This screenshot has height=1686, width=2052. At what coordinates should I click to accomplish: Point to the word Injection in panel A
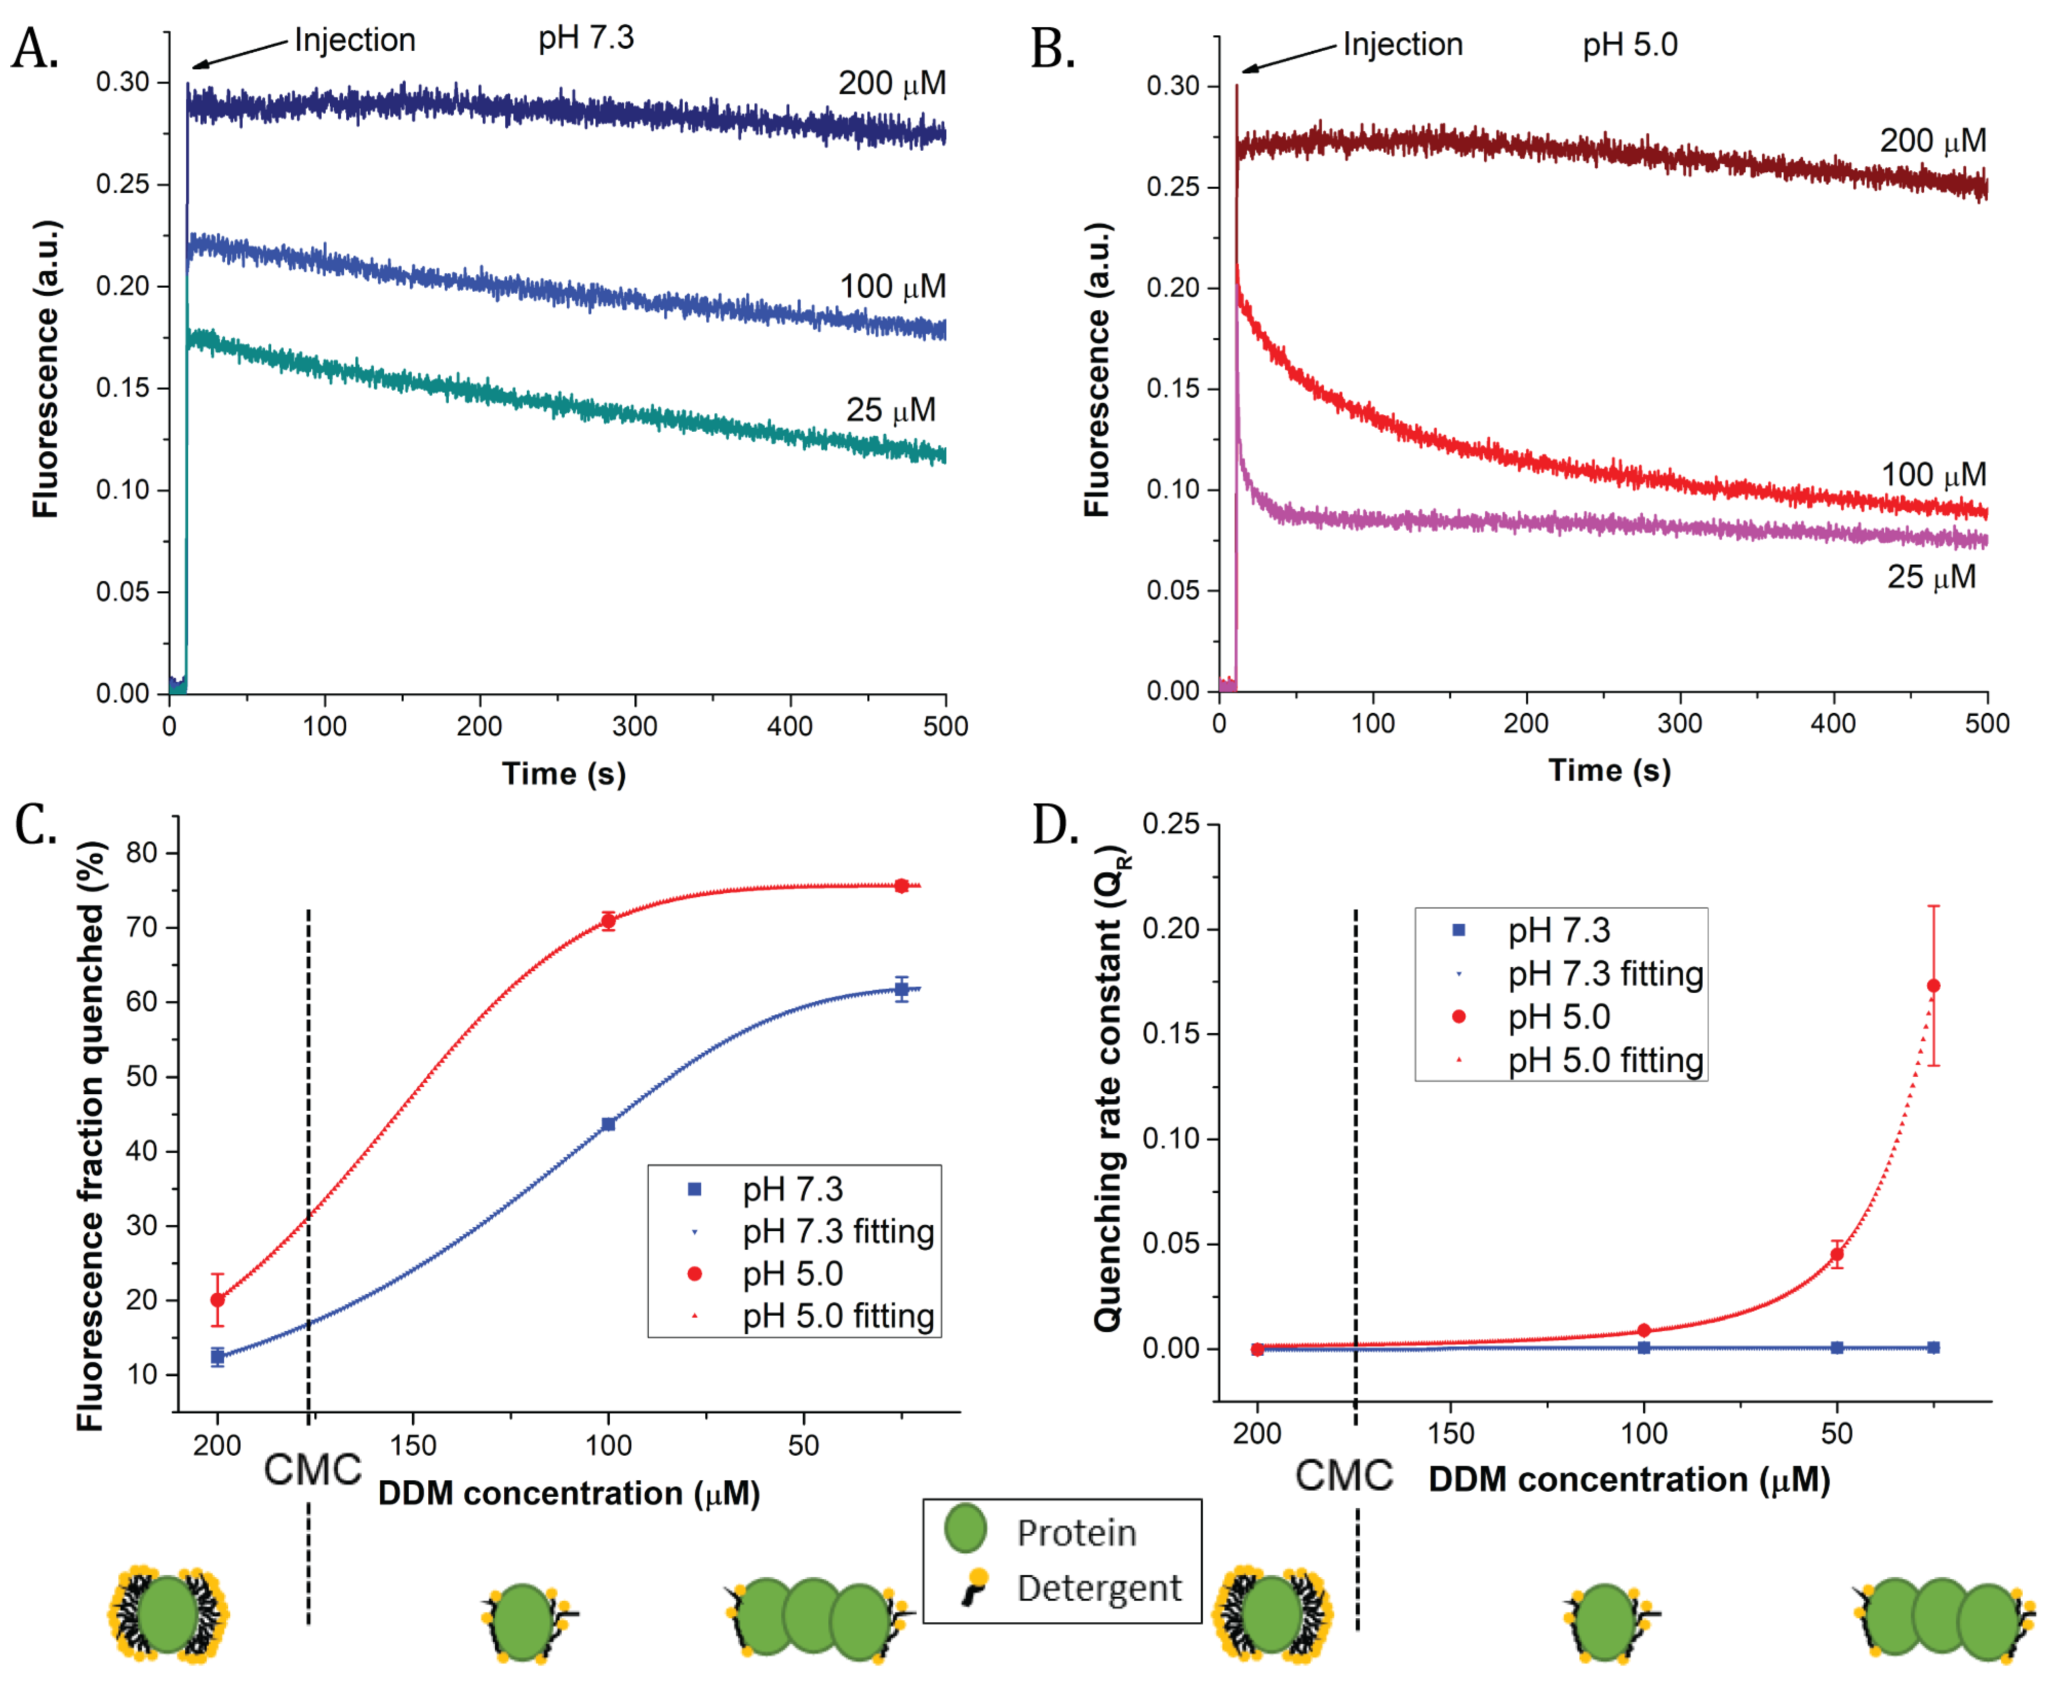[x=354, y=40]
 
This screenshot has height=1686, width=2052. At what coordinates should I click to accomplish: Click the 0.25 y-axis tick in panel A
[x=123, y=184]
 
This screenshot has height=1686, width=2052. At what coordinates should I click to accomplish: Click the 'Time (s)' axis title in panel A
[x=563, y=774]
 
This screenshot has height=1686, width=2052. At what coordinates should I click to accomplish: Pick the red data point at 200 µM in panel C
[x=217, y=1299]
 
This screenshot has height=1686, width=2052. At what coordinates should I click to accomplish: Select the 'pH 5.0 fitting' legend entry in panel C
[x=837, y=1316]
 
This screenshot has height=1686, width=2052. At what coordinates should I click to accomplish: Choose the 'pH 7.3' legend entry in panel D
[x=1558, y=930]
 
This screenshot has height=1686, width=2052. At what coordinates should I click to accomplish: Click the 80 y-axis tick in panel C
[x=142, y=853]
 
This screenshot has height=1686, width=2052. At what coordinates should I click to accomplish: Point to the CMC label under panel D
[x=1344, y=1475]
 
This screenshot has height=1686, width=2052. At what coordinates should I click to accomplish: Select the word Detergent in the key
[x=1099, y=1588]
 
